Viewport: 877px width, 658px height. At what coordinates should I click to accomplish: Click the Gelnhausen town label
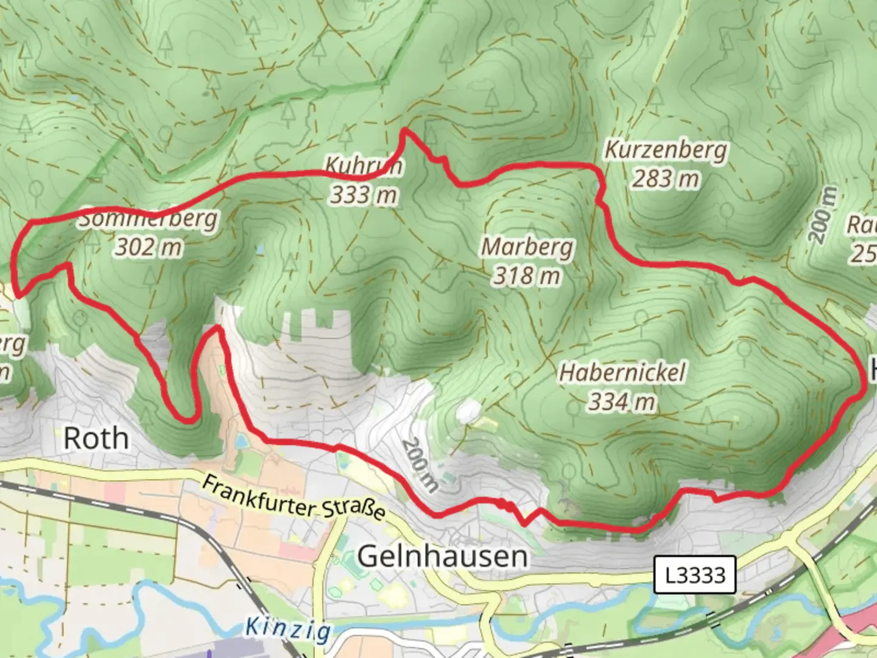442,556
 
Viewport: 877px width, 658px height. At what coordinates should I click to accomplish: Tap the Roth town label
96,438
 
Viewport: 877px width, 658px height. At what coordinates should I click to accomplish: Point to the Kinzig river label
288,628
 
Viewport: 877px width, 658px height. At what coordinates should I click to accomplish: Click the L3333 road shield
695,575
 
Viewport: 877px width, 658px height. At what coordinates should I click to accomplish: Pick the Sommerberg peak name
147,219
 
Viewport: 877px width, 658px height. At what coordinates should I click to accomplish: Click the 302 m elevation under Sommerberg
149,247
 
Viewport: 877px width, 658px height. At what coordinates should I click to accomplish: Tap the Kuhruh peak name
364,165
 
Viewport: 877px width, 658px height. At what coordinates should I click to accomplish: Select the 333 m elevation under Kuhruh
364,195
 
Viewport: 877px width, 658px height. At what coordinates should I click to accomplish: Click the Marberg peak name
527,247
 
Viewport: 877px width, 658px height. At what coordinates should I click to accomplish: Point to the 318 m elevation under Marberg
527,276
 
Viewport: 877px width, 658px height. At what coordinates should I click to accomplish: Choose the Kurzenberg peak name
666,150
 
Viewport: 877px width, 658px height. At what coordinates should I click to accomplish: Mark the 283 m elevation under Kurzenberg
666,179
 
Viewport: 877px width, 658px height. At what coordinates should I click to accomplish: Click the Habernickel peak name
622,372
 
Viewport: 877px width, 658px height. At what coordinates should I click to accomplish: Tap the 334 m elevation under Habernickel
622,402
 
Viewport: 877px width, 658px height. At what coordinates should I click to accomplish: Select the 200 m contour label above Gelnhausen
420,465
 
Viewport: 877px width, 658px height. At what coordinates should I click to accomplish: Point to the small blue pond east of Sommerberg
261,250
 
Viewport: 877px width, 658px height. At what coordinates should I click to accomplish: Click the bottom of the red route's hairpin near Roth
188,420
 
